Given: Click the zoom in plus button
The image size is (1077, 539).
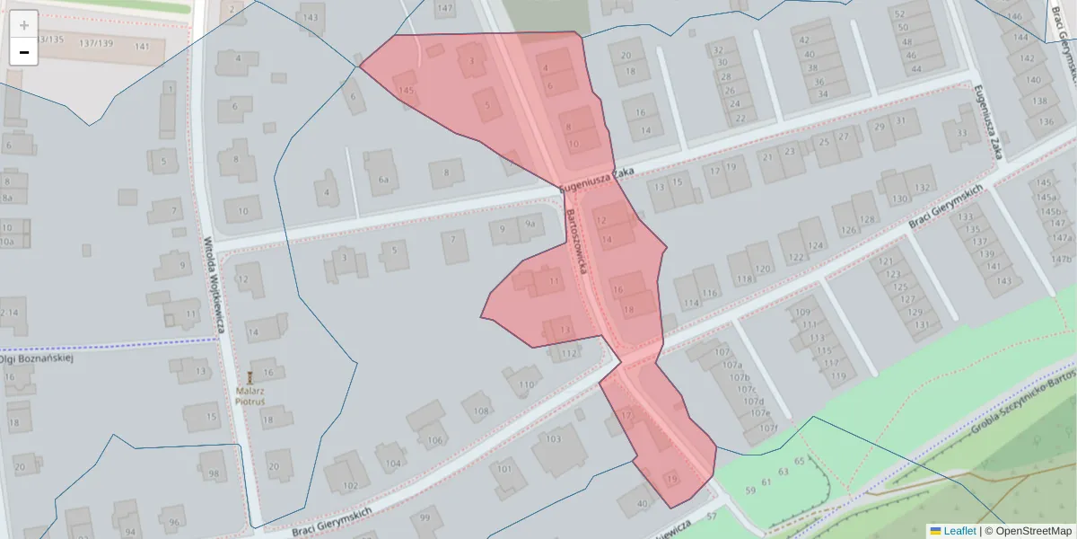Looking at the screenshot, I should click(24, 25).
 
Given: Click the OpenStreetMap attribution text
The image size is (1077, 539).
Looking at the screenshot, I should click(1028, 531).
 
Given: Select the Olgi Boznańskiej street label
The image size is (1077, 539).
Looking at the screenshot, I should click(36, 358).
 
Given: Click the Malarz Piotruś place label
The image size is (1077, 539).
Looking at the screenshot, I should click(250, 396).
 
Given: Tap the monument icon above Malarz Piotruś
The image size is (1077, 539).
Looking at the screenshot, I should click(250, 376).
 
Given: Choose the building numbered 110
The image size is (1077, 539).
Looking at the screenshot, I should click(524, 384).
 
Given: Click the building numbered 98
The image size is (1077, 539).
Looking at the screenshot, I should click(213, 473).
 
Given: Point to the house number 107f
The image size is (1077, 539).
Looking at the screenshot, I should click(768, 429).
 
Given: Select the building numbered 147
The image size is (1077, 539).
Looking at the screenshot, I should click(444, 8).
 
